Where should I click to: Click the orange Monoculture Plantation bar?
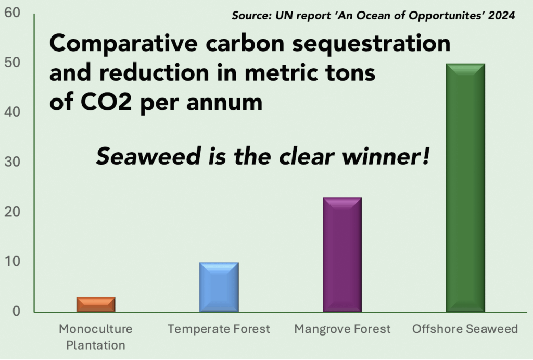tap(96, 304)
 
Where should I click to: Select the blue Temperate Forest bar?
tap(219, 287)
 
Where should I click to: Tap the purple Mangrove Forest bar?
tap(342, 255)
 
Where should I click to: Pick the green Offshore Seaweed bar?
tap(465, 188)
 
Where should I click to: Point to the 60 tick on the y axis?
tap(12, 13)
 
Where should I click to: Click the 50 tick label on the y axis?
tap(12, 63)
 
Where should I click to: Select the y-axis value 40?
tap(12, 112)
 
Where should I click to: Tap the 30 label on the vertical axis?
tap(12, 162)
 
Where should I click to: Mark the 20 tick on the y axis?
tap(12, 212)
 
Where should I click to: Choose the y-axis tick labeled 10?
tap(12, 262)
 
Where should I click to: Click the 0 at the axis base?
tap(16, 311)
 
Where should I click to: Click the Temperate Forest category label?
tap(219, 329)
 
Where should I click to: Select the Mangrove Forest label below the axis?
tap(342, 329)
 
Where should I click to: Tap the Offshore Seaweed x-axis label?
tap(465, 329)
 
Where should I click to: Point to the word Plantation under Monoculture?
tap(96, 345)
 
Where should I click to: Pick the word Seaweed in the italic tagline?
tap(148, 156)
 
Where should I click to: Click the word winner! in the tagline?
tap(386, 156)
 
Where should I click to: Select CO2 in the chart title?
tap(106, 102)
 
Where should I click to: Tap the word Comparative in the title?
tap(123, 44)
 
